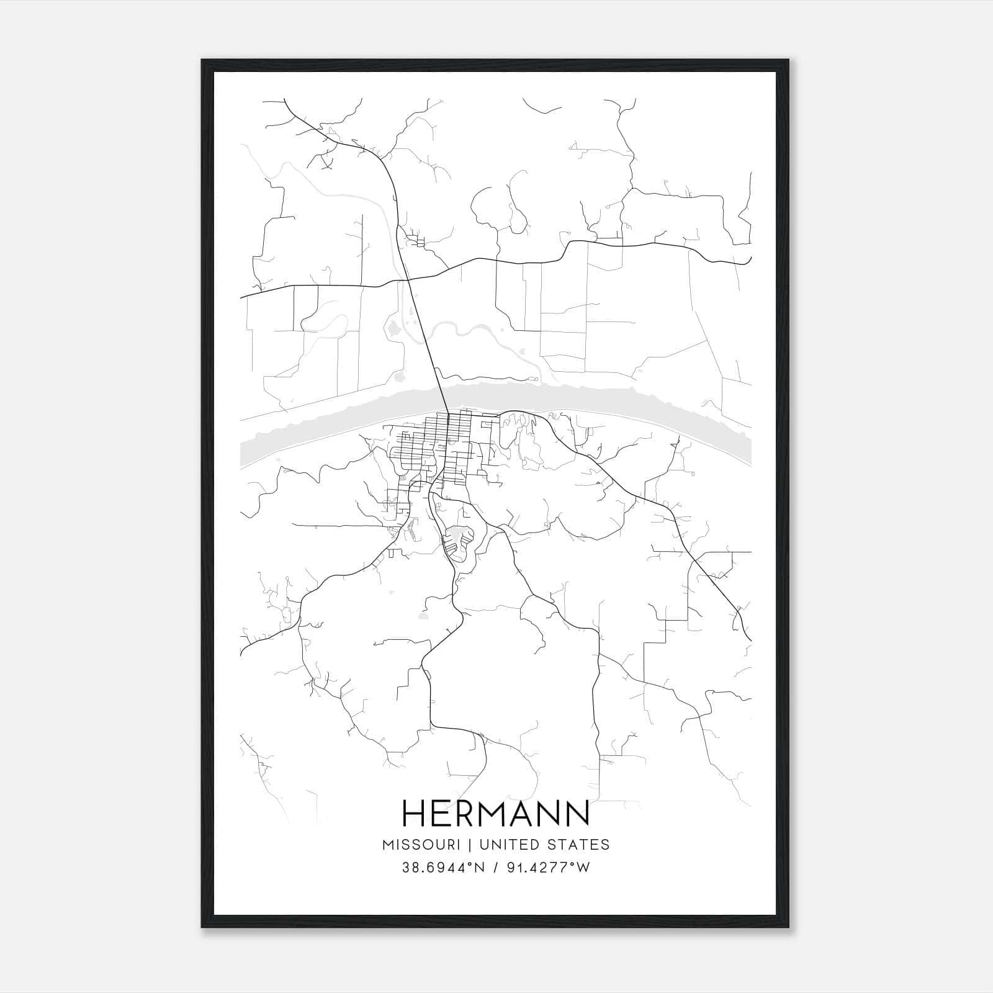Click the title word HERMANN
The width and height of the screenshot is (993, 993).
(x=495, y=813)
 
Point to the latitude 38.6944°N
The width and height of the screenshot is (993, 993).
(x=441, y=868)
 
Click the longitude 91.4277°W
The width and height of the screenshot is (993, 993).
(x=549, y=868)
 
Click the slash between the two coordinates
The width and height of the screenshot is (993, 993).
(x=495, y=868)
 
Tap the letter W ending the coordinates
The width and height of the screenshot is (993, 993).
(x=583, y=868)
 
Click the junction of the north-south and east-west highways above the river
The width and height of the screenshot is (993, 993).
(x=408, y=281)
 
